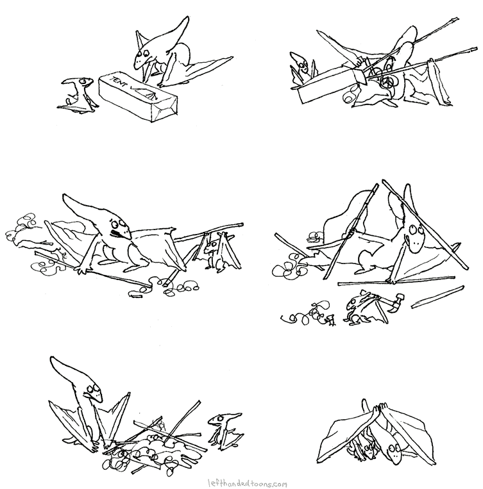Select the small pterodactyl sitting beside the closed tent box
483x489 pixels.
coord(76,95)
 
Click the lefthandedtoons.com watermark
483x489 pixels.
coord(248,483)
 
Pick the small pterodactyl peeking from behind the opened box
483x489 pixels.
coord(302,68)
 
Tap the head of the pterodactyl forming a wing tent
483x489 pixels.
coord(393,450)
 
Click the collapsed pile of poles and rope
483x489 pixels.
coord(154,439)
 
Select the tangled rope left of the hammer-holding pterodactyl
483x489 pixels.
coord(307,313)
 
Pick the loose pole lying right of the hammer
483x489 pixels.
coord(437,297)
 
